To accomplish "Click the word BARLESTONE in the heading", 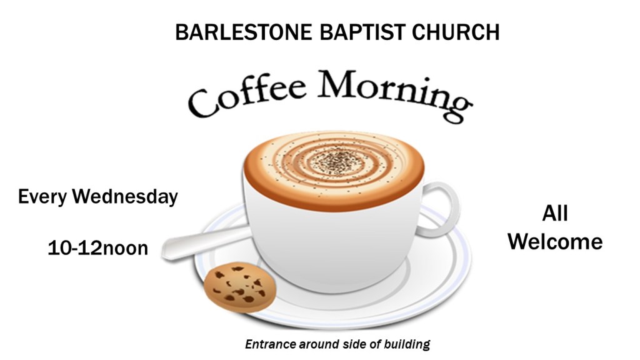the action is [x=243, y=32].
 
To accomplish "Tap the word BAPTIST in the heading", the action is [x=362, y=32].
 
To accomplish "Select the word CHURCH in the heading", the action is [x=456, y=32].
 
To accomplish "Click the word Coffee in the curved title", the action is [x=247, y=96].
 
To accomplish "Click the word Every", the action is [x=42, y=197].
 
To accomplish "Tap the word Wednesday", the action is [x=125, y=197].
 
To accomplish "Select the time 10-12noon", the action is [x=98, y=248].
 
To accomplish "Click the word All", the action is [x=555, y=214].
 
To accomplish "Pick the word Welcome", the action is [x=555, y=242].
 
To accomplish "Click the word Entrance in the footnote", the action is [x=270, y=344].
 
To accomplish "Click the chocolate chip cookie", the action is [x=240, y=287].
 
